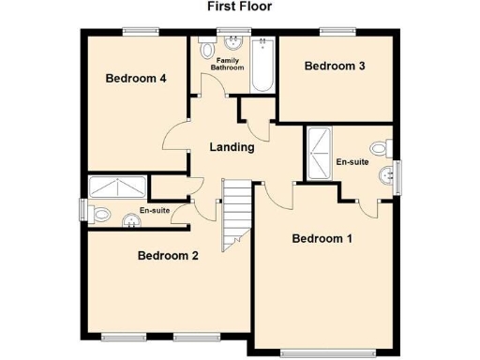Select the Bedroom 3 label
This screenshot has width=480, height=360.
tap(335, 66)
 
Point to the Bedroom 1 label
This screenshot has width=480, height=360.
tap(322, 238)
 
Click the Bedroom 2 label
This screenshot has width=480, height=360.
tap(168, 255)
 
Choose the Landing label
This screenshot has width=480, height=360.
tap(232, 146)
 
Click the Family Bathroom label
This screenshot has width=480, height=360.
tap(226, 64)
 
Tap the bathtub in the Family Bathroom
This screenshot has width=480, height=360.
tap(262, 65)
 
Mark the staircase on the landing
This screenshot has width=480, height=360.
tap(235, 212)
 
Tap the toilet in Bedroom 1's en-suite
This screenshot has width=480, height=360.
tap(379, 147)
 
